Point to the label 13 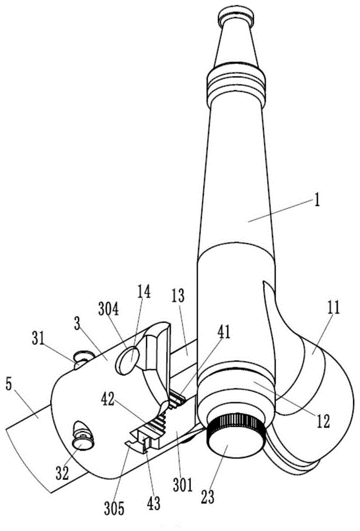click(178, 295)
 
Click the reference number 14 click(143, 292)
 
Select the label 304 click(108, 309)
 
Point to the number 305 click(114, 508)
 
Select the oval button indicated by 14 click(127, 361)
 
